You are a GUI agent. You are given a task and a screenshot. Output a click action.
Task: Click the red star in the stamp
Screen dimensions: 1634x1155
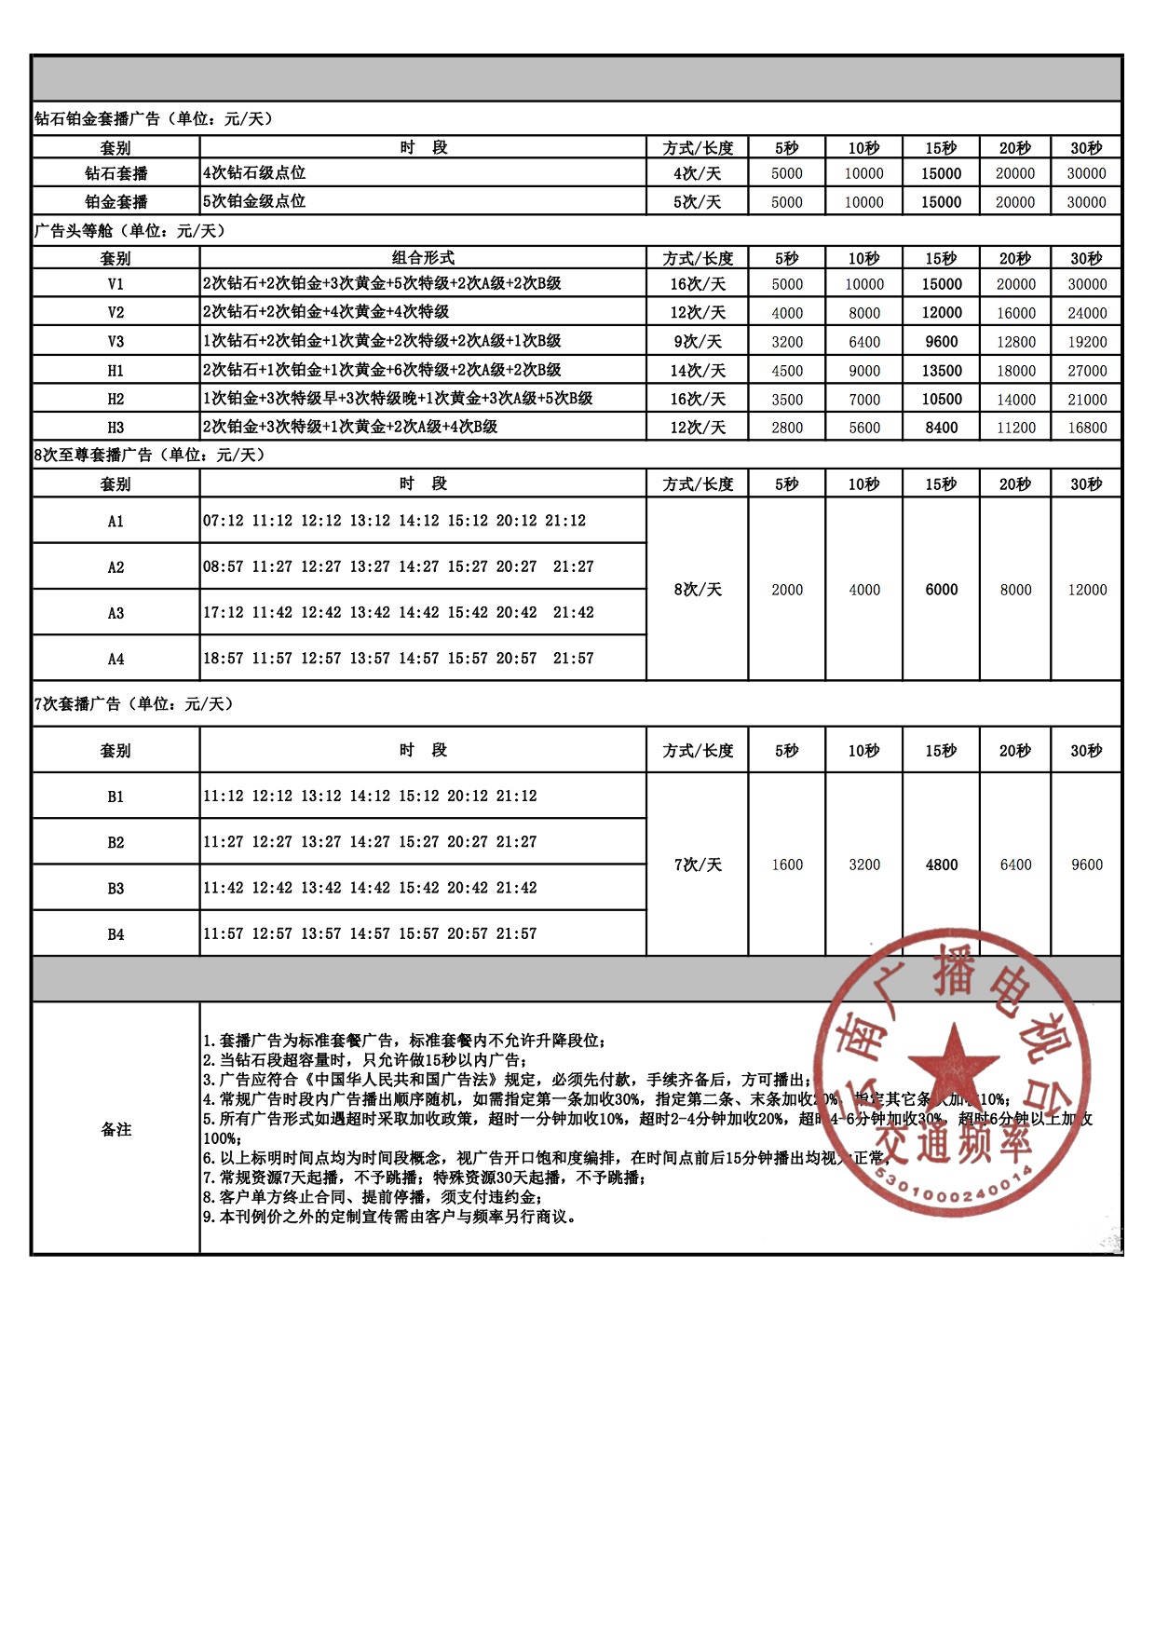click(x=952, y=1068)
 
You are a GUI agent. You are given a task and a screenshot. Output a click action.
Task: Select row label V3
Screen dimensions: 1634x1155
click(x=115, y=342)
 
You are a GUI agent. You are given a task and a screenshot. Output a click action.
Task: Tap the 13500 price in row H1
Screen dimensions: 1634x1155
click(x=941, y=371)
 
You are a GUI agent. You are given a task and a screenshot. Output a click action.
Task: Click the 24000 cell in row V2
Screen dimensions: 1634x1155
click(x=1086, y=313)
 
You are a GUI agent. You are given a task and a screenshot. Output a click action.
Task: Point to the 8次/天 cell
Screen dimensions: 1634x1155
click(x=698, y=590)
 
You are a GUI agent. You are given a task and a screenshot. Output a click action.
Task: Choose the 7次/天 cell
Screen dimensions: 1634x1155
click(x=698, y=865)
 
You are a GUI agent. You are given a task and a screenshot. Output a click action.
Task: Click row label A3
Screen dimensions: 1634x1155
click(x=115, y=613)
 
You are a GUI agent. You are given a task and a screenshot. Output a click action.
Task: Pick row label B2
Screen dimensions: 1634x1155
click(x=115, y=842)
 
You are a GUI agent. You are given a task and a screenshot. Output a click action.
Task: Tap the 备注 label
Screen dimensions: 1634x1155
click(x=115, y=1129)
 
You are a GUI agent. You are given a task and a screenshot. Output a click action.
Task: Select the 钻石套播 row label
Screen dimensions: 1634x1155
click(x=115, y=173)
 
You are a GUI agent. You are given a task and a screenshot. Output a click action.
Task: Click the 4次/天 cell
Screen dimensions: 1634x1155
click(x=698, y=173)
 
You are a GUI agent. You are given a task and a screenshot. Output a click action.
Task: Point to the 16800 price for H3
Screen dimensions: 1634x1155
click(x=1086, y=428)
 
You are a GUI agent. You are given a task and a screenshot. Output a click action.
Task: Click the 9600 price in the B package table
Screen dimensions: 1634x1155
click(x=1086, y=865)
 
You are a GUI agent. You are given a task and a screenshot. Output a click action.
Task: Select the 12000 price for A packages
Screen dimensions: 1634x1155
click(x=1086, y=590)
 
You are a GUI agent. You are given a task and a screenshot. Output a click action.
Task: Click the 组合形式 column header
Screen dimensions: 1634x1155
click(x=423, y=258)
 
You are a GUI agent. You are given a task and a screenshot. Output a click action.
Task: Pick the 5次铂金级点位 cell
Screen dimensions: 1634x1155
click(x=254, y=201)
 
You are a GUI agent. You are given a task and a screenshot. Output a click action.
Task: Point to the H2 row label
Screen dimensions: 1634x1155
click(x=115, y=399)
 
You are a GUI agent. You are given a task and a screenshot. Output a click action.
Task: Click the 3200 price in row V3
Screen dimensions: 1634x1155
click(x=787, y=342)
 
